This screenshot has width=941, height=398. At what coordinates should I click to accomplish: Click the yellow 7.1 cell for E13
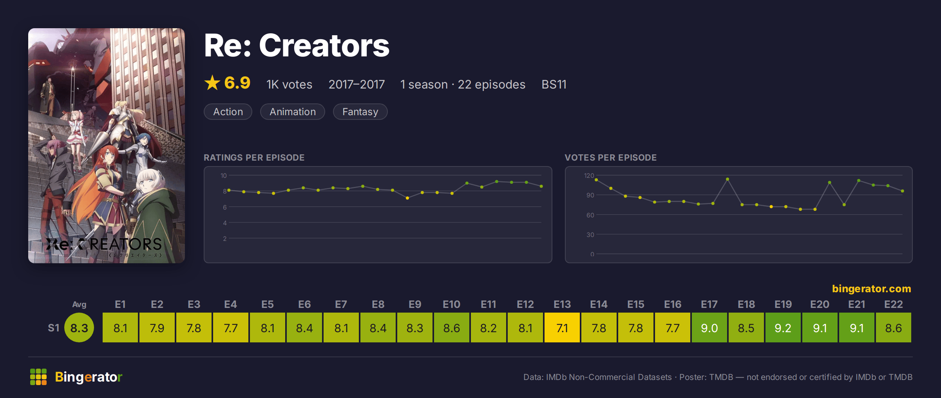tap(562, 327)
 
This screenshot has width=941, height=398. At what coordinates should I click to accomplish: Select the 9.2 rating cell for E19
tap(783, 327)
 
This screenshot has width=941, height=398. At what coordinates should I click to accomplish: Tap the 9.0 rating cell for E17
tap(709, 327)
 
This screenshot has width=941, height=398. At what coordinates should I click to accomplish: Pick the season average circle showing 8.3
tap(79, 327)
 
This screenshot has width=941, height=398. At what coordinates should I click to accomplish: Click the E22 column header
tap(893, 304)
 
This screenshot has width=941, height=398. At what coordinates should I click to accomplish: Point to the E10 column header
tap(451, 304)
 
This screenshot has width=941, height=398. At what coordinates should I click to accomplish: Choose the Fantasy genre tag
tap(360, 112)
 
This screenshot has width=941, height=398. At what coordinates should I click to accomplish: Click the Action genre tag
tap(228, 112)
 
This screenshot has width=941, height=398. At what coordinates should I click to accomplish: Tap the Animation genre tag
tap(293, 112)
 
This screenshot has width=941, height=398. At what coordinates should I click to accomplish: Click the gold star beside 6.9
tap(212, 83)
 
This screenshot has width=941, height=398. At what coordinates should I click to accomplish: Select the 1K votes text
tap(289, 84)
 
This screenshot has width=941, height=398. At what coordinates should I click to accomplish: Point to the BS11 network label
tap(554, 84)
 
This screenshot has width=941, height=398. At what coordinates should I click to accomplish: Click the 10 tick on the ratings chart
tap(223, 175)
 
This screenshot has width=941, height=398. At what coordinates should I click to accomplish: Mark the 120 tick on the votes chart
tap(589, 175)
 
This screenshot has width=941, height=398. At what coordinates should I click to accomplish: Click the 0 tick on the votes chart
tap(592, 254)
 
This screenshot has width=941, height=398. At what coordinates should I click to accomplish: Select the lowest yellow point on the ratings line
tap(407, 198)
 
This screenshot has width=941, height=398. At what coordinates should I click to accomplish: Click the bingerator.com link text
tap(871, 289)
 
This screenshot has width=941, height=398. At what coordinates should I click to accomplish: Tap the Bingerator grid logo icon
tap(38, 377)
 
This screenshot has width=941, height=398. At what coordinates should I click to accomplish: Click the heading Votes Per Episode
tap(610, 157)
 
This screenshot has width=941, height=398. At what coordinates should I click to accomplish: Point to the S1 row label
tap(53, 328)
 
